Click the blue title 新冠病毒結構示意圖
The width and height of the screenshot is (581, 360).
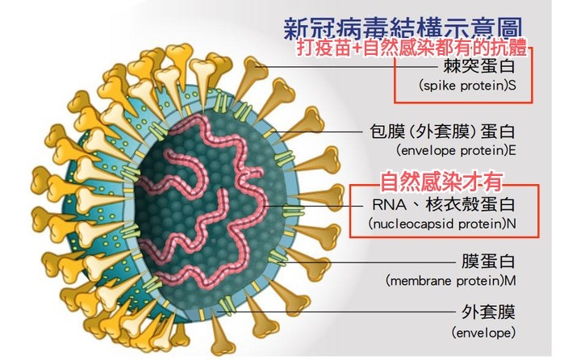[403, 29]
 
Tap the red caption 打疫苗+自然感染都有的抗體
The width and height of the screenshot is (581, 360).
[412, 48]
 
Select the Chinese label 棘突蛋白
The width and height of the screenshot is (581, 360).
[479, 67]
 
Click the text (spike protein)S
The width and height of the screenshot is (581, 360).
[467, 86]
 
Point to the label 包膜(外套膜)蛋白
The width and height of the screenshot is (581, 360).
[443, 132]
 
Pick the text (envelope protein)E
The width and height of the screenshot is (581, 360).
[456, 150]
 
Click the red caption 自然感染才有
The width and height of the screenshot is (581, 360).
[441, 182]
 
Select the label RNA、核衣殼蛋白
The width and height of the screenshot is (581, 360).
[444, 204]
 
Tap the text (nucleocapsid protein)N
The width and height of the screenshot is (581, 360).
[442, 224]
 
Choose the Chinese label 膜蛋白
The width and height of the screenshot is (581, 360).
[488, 262]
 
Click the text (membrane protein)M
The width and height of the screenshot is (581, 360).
[450, 280]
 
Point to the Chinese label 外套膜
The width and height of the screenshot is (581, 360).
[488, 312]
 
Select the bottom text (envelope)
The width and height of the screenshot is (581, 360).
[483, 333]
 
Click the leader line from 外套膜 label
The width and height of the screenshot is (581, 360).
[336, 312]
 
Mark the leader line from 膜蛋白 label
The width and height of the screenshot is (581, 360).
[368, 262]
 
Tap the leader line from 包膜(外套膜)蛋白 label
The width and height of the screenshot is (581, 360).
[318, 132]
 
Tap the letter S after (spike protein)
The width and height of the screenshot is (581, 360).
[512, 86]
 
